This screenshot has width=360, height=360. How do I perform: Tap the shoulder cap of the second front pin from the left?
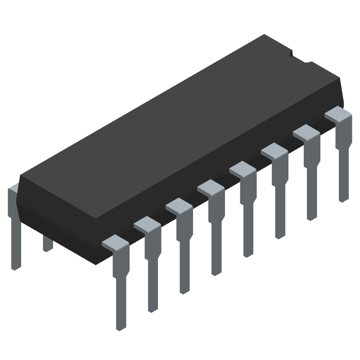(x=147, y=224)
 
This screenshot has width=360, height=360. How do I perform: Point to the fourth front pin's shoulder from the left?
(x=210, y=187)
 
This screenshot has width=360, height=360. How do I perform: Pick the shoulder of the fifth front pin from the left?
(x=242, y=169)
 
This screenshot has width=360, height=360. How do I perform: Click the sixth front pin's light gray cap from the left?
(x=274, y=150)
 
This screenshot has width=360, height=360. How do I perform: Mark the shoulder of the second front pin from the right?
(x=306, y=132)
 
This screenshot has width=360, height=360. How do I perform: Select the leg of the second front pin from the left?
(x=153, y=279)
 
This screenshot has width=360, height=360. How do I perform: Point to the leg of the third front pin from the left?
(x=184, y=270)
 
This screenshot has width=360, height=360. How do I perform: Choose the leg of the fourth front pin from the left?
(x=216, y=261)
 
